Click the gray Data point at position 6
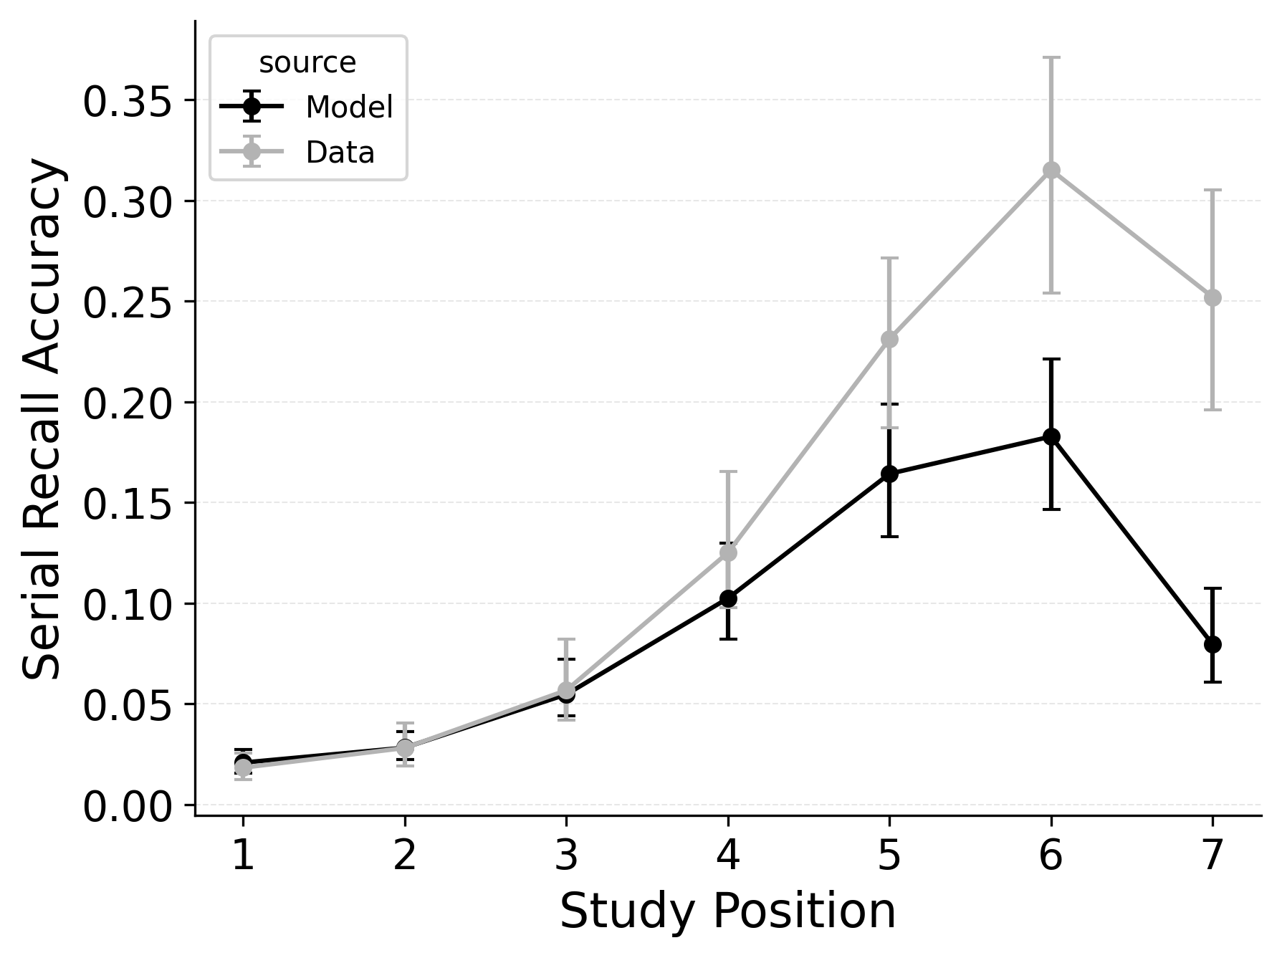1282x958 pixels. (1051, 170)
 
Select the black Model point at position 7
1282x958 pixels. (1212, 644)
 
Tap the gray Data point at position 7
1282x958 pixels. (1212, 297)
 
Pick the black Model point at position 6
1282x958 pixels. (1051, 436)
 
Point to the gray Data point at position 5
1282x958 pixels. (889, 339)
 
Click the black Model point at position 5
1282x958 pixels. (889, 474)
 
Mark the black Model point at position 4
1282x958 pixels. (728, 598)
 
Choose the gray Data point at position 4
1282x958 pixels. (728, 552)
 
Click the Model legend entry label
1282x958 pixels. (349, 107)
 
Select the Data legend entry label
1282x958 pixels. (340, 153)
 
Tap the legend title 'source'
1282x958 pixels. (307, 63)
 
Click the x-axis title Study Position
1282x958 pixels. (727, 911)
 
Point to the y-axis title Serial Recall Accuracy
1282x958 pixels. (43, 418)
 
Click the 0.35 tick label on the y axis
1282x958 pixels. (128, 102)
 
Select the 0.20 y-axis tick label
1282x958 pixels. (128, 403)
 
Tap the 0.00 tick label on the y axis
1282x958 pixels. (128, 807)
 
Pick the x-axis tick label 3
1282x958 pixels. (566, 856)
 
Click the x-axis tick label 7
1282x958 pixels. (1212, 856)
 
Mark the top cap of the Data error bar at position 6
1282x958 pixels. (1051, 57)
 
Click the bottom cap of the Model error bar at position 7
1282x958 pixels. (1212, 681)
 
